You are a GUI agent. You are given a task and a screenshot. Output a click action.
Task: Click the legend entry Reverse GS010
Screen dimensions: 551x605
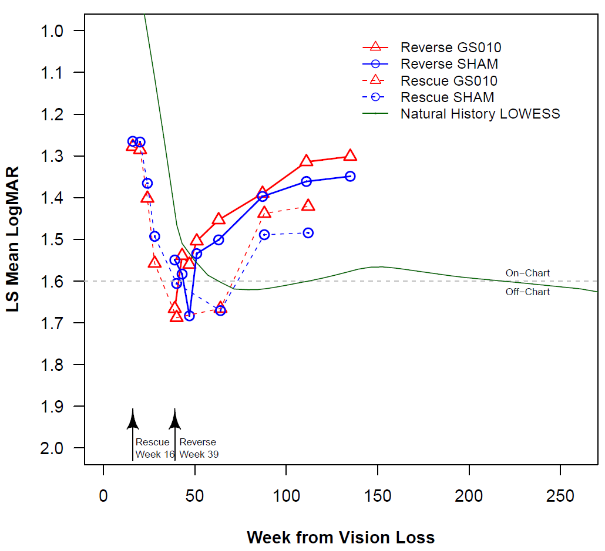coord(451,48)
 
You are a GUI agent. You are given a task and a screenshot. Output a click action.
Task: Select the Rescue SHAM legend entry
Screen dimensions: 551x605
coord(447,97)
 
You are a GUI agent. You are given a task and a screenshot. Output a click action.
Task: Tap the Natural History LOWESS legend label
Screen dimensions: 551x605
coord(480,114)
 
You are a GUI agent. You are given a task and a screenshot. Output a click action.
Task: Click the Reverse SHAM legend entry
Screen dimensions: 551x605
coord(449,64)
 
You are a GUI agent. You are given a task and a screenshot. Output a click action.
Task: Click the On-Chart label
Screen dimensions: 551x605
coord(527,273)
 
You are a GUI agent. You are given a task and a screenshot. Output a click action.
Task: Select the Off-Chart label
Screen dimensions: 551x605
coord(527,292)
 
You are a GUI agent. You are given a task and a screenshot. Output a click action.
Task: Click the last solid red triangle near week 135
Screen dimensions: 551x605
coord(350,156)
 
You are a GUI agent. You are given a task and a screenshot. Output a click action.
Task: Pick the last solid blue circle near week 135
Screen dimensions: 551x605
coord(350,176)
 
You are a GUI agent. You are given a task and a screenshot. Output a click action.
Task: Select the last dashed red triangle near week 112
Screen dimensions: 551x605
coord(308,205)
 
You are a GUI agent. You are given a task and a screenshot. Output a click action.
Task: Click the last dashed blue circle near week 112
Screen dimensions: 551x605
coord(308,233)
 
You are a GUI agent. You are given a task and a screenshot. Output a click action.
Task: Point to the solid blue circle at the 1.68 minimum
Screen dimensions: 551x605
coord(189,316)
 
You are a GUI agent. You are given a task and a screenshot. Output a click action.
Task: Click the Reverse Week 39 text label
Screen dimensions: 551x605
coord(199,448)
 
